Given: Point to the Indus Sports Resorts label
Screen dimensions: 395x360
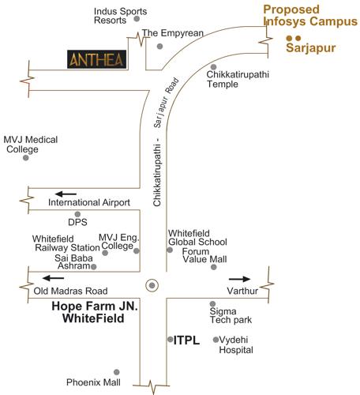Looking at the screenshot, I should (110, 16).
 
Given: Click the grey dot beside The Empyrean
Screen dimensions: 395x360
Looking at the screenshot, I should (159, 47).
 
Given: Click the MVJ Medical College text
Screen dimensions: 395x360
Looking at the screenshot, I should (31, 144).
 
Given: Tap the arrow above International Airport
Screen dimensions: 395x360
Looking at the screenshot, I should (66, 193).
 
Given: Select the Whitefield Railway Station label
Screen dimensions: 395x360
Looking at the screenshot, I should (62, 243).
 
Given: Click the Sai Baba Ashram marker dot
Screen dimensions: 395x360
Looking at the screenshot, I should (94, 267).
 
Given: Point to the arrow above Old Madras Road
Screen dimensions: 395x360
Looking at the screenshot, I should (54, 277).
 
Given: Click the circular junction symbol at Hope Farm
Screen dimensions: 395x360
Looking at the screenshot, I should (152, 284).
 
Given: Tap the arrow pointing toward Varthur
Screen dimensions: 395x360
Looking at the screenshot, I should (240, 279).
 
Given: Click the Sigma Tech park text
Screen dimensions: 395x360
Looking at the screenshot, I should (230, 316).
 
